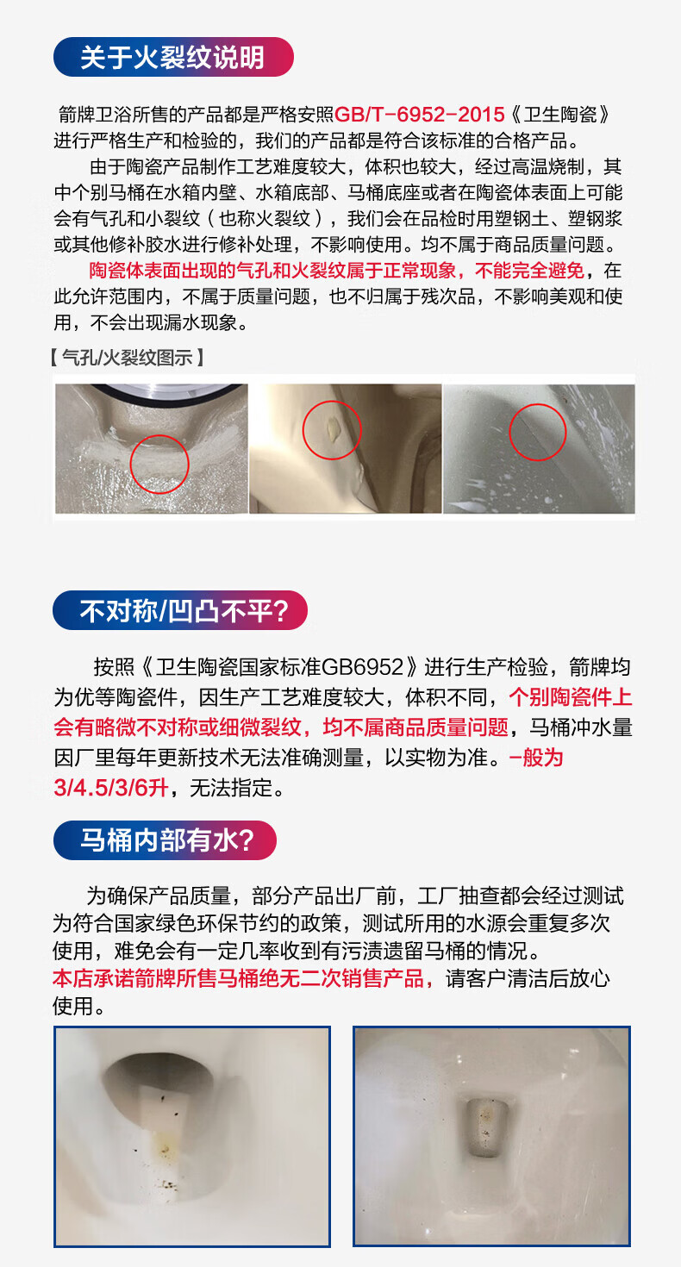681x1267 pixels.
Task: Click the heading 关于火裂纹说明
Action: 172,57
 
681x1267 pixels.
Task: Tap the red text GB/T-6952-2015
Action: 419,115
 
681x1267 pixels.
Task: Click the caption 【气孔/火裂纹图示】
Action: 128,358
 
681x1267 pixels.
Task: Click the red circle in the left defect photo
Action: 159,464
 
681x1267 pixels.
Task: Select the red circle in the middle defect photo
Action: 332,430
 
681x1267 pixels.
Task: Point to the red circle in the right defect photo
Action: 537,432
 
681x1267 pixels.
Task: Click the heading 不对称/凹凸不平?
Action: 184,611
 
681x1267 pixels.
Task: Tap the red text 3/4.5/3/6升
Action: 111,788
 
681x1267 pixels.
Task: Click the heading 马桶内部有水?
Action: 167,840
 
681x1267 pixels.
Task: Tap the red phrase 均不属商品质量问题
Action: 415,727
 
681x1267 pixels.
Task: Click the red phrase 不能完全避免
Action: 529,271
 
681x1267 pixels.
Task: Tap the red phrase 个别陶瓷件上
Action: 570,697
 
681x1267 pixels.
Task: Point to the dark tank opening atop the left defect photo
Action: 169,391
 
